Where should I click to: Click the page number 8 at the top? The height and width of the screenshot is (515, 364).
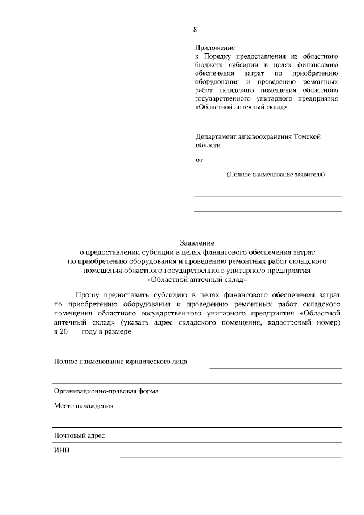(x=195, y=30)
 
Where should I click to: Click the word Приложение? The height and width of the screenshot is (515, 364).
(x=214, y=49)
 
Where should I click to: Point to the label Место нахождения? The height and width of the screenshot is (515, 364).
(x=84, y=406)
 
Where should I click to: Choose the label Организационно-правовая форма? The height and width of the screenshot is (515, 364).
(x=106, y=391)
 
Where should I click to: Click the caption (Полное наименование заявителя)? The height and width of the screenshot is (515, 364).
(x=275, y=175)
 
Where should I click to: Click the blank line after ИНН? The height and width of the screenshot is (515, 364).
(x=230, y=456)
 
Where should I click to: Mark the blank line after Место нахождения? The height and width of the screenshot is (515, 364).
(x=236, y=412)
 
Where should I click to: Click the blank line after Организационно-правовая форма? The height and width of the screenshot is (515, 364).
(x=261, y=397)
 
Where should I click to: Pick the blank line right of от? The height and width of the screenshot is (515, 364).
(x=276, y=166)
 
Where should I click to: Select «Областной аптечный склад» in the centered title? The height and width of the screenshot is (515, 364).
(x=197, y=280)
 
